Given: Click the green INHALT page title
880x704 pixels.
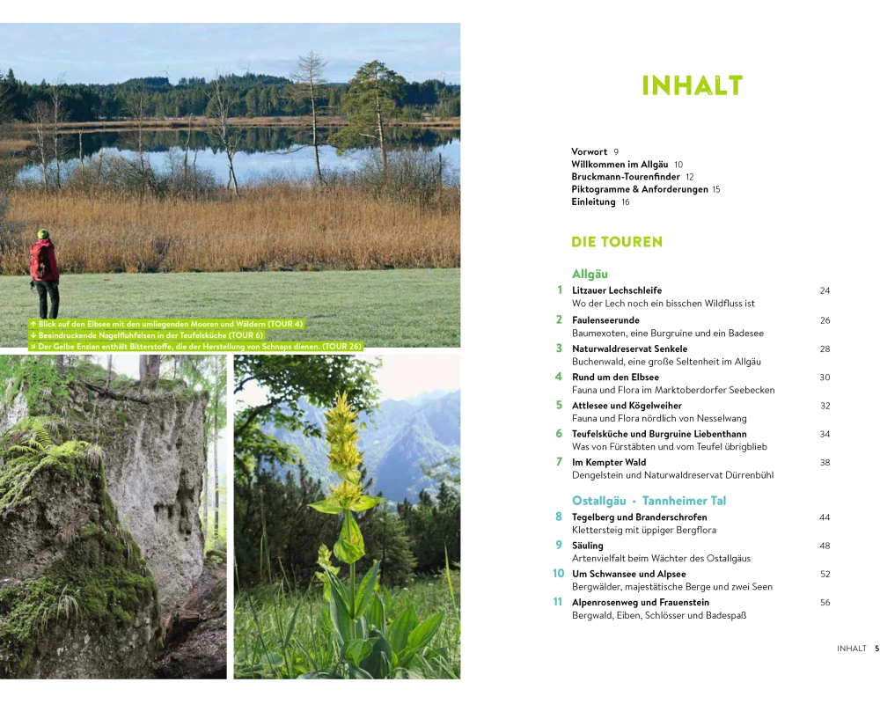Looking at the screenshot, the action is click(692, 85).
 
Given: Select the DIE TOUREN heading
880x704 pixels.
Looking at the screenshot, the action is click(617, 242).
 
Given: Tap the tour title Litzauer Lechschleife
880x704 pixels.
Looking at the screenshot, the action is click(617, 290).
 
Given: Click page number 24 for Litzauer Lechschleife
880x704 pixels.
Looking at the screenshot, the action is click(825, 290).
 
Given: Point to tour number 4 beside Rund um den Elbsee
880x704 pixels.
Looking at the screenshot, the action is click(559, 377).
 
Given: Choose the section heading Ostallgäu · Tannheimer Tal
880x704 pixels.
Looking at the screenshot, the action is click(649, 500).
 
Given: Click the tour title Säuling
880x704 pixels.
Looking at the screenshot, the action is click(588, 545).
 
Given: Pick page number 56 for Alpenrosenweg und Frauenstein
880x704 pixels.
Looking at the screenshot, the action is click(825, 603).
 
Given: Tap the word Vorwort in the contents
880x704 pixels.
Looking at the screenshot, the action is click(589, 151).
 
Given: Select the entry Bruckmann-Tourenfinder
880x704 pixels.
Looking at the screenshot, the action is click(625, 177).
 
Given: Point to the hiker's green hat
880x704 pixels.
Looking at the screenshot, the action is click(43, 233).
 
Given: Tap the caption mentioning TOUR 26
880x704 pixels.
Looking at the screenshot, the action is click(196, 347).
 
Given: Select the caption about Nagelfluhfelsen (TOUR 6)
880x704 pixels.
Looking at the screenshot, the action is click(146, 335).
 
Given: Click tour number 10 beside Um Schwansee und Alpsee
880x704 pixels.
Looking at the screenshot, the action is click(558, 573).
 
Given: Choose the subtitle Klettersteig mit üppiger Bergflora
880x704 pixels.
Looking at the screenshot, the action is click(644, 530).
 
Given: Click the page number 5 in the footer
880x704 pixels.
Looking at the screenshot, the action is click(876, 649).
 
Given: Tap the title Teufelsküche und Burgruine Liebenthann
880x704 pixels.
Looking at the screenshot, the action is click(659, 434).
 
